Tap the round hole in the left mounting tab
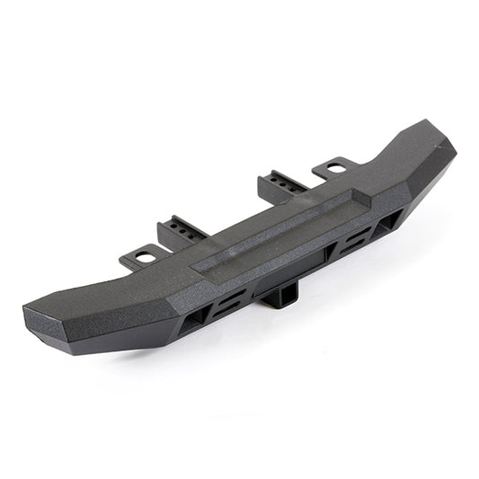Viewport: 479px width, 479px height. pos(146,254)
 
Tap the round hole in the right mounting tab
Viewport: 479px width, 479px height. pos(335,167)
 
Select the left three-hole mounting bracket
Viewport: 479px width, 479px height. pos(182,231)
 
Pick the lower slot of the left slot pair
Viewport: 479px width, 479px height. pos(225,306)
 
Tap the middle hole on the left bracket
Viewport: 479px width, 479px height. pos(183,229)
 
